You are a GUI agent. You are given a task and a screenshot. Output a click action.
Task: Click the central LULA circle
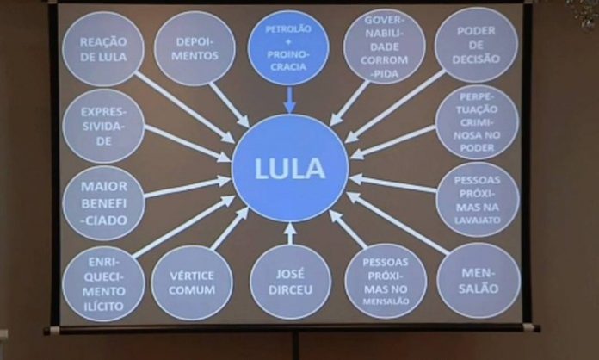tap(289, 169)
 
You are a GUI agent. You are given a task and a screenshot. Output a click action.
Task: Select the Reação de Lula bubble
tap(103, 48)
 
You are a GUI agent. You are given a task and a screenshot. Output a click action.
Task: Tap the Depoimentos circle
tap(195, 48)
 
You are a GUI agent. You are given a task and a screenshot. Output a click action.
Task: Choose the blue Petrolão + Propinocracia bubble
tap(287, 47)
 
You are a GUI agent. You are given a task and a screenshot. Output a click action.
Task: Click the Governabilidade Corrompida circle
tap(384, 47)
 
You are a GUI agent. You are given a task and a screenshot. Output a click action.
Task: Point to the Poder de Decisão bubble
tap(476, 45)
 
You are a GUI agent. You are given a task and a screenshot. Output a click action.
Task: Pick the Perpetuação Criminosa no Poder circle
tap(477, 121)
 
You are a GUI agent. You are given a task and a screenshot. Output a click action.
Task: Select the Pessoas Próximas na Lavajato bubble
tap(478, 199)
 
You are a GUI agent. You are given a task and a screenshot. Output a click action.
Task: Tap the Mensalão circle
tap(478, 280)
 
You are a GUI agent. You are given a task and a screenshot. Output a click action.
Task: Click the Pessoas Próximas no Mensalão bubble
tap(386, 281)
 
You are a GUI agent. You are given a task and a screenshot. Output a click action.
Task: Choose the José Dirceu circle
tap(290, 282)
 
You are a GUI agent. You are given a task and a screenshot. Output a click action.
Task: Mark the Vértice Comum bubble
tap(192, 282)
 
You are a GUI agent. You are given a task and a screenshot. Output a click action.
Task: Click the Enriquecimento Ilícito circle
tap(103, 282)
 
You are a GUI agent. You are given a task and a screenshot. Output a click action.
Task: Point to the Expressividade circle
tap(103, 126)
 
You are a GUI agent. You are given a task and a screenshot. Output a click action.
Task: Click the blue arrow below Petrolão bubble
tap(288, 100)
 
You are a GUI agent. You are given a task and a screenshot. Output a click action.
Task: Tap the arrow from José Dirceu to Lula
tap(290, 233)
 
